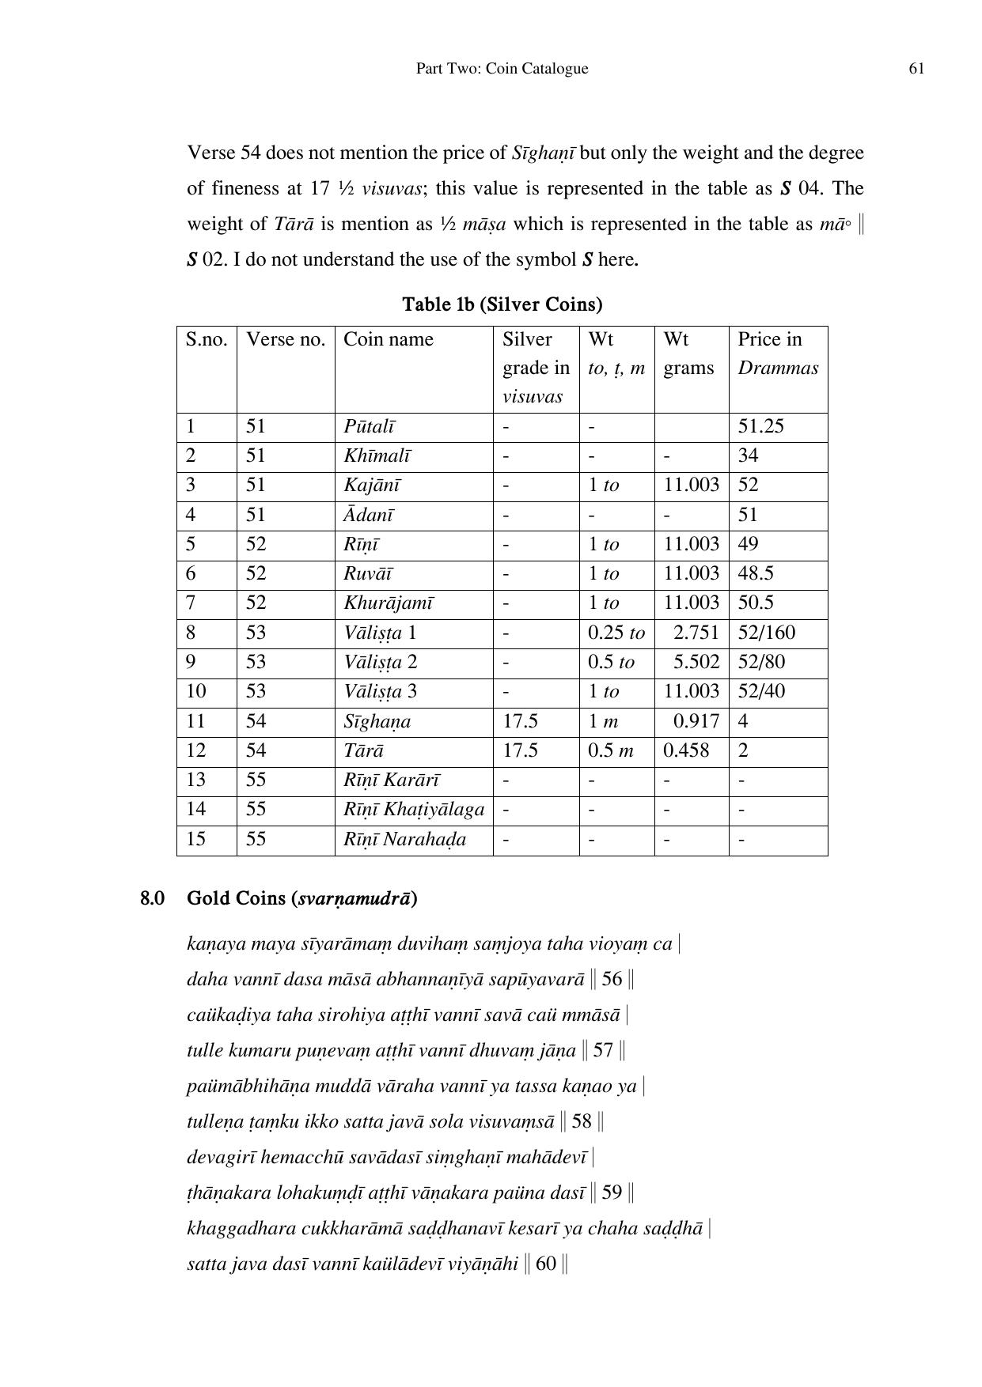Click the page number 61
(x=916, y=69)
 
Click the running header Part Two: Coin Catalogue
(x=502, y=69)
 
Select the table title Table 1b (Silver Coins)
(x=502, y=304)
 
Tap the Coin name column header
(x=389, y=339)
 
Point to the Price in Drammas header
(x=777, y=353)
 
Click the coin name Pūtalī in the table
(x=369, y=426)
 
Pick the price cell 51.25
(x=760, y=426)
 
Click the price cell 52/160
(x=766, y=633)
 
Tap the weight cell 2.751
(x=696, y=633)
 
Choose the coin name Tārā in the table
(x=363, y=750)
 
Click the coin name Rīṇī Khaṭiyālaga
(x=414, y=809)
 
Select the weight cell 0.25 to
(x=616, y=633)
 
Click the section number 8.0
(x=153, y=898)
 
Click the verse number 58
(x=582, y=1121)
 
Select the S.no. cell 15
(x=195, y=839)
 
